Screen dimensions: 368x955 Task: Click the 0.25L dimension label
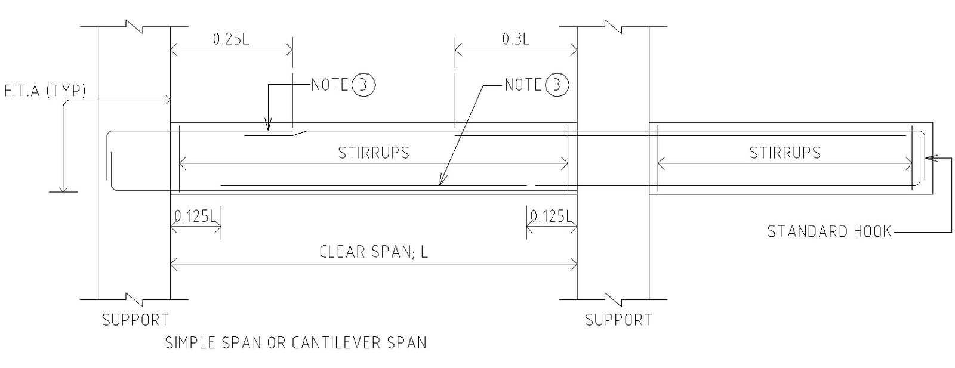tap(231, 39)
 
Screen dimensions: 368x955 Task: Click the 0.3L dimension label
tap(516, 39)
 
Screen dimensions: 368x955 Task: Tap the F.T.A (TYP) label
tap(44, 91)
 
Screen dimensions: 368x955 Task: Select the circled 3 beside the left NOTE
tap(364, 85)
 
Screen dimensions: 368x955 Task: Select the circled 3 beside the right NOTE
tap(557, 85)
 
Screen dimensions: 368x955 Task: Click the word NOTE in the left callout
tap(330, 85)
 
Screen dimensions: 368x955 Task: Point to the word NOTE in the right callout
tap(523, 85)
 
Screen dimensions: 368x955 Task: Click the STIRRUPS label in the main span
tap(374, 153)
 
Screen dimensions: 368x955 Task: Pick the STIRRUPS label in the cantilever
tap(785, 153)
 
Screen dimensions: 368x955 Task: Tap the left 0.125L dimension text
tap(196, 216)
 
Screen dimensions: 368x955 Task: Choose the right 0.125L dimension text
tap(552, 216)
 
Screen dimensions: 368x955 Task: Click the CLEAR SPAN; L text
tap(374, 252)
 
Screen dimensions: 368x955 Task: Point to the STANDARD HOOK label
tap(829, 231)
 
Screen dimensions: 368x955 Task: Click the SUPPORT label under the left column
tap(135, 320)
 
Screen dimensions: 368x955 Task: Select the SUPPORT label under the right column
tap(618, 320)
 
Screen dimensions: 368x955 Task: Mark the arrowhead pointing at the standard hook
tap(928, 158)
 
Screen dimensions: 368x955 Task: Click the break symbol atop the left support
tap(134, 27)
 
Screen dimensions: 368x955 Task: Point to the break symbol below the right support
tap(613, 297)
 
